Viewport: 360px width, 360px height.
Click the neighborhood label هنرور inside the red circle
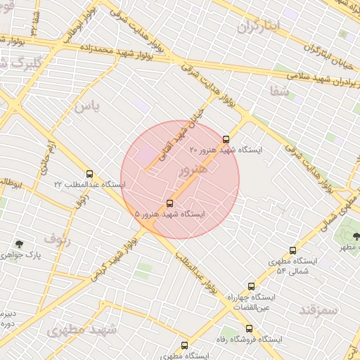coord(193,170)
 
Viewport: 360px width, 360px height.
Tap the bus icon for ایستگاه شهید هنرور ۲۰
coord(226,139)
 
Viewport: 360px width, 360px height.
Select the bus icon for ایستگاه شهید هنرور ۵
coord(169,203)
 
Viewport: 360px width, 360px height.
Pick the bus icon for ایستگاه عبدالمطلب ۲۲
coord(89,174)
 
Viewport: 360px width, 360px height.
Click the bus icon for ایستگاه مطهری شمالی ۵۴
coord(292,250)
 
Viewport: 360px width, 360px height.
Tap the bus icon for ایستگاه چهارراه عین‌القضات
coord(251,286)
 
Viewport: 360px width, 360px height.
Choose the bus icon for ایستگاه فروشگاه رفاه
coord(249,328)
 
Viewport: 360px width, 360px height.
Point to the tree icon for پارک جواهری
coord(19,244)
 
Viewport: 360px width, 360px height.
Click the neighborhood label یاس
coord(88,107)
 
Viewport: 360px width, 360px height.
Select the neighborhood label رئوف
coord(58,238)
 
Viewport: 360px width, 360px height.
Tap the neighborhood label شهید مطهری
coord(82,330)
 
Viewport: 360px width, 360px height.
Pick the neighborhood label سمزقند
coord(319,309)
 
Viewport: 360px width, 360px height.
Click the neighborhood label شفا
coord(279,91)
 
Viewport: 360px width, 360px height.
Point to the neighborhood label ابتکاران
coord(258,27)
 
